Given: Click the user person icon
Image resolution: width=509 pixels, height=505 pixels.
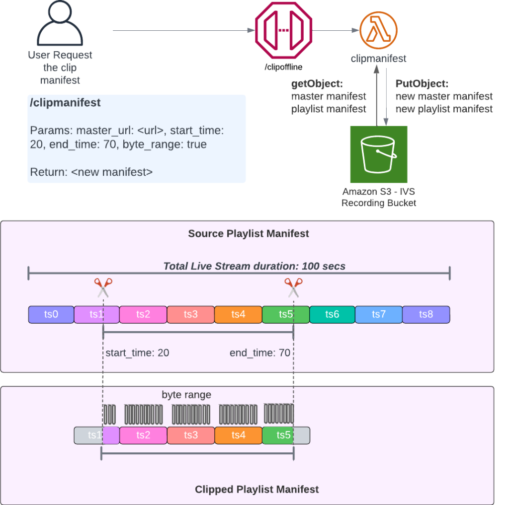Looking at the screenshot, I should pos(60,25).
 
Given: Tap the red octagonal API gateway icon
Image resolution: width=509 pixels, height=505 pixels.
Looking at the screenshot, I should pos(283,30).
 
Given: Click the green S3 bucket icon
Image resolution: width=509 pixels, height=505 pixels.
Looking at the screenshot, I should pos(379,154).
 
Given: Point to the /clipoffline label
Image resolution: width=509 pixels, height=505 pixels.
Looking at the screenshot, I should pos(283,66).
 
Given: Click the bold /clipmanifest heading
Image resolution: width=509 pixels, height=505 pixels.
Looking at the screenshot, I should pos(65,103).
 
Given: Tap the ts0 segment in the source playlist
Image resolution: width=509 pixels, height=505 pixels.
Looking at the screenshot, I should pos(51,314).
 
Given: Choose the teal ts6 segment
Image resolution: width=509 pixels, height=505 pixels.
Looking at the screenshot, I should pos(332,314).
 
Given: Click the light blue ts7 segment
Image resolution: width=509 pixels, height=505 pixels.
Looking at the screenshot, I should pos(379,314).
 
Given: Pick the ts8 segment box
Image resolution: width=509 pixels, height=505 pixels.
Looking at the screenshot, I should pos(426,314).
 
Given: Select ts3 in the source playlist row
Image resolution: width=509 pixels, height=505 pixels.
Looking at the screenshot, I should pos(190,314).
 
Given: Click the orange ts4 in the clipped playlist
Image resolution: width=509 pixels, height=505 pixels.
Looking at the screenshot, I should pos(238,435).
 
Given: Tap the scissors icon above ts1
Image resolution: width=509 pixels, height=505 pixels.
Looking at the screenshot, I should pos(103,288).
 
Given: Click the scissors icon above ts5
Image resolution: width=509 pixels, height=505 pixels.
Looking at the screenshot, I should pos(293,288).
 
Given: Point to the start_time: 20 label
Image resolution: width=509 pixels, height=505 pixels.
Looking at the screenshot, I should pos(137,353).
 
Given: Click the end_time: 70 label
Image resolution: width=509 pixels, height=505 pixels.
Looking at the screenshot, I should pos(259,353).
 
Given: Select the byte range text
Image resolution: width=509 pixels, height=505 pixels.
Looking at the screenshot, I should pos(186,395).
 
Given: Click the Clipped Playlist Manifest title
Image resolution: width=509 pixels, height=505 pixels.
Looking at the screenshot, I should pos(256,489).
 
